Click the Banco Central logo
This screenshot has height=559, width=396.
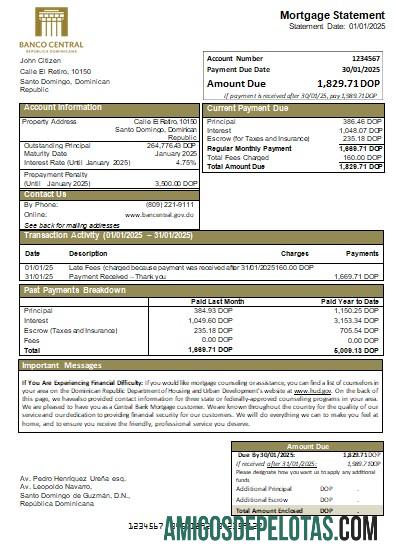[59, 29]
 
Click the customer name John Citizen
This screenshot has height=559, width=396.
[41, 62]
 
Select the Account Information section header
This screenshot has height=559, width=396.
[63, 107]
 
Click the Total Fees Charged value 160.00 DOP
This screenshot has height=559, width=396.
[357, 157]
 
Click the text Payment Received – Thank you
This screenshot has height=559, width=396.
[118, 276]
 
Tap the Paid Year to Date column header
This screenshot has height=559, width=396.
[351, 300]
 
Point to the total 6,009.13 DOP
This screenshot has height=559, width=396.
[359, 351]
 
